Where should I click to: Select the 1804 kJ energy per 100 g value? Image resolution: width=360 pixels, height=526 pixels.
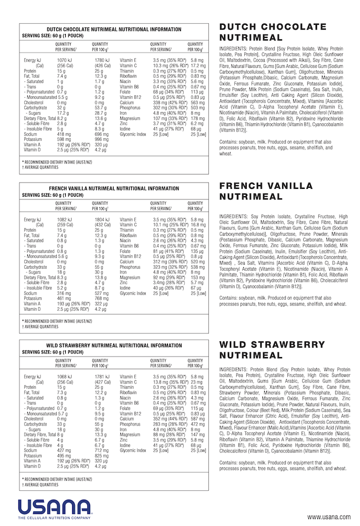click(x=102, y=219)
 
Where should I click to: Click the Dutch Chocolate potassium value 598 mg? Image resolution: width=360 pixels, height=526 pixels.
click(x=64, y=139)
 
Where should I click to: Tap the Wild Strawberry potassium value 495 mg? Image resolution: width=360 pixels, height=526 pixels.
click(x=63, y=456)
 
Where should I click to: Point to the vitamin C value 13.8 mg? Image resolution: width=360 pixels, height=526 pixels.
click(x=162, y=382)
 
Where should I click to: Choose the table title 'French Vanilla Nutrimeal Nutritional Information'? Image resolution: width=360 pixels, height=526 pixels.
click(x=114, y=188)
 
